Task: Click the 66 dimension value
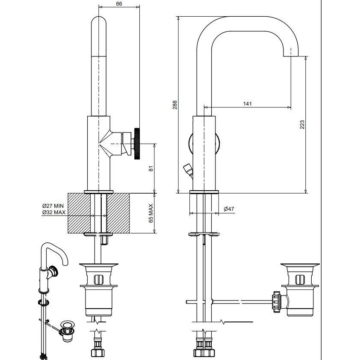(119, 4)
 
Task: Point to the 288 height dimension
(175, 105)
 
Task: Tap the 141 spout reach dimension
(247, 104)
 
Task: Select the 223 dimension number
(302, 124)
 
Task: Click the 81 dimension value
(151, 168)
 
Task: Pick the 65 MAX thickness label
(151, 213)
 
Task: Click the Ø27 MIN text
(53, 206)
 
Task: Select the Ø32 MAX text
(54, 212)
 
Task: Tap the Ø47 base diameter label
(229, 209)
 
